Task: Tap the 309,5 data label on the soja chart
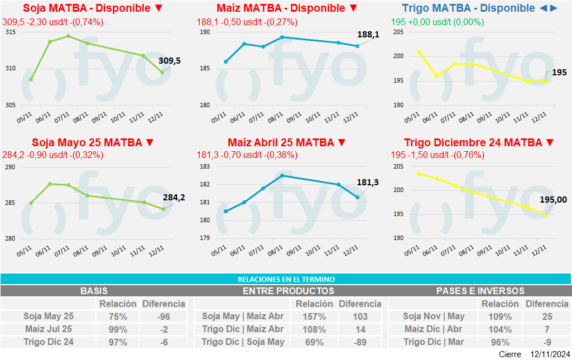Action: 170,61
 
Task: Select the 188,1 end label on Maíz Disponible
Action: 368,35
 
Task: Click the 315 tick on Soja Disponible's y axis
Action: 11,32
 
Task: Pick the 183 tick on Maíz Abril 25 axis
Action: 205,167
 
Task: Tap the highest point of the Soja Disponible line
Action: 68,36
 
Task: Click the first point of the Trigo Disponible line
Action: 419,51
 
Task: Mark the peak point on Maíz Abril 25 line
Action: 282,175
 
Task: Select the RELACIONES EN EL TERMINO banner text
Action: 286,279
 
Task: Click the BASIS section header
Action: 94,291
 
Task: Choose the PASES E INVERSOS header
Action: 480,291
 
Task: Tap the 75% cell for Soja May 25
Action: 118,316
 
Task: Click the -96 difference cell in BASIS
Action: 164,316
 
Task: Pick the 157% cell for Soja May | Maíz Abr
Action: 314,316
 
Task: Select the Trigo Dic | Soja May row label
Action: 243,342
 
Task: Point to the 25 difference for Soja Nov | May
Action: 547,316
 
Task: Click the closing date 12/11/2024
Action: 550,354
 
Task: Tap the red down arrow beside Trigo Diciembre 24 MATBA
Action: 549,142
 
